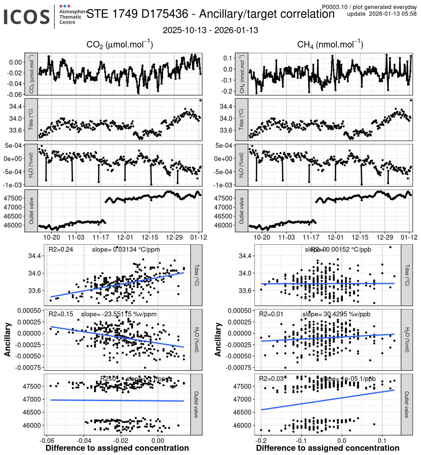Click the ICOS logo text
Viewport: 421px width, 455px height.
tap(27, 17)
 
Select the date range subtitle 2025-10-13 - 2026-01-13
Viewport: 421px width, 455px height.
tap(210, 30)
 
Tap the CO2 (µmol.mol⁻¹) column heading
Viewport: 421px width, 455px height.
tap(120, 45)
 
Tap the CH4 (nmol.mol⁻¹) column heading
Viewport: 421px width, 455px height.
tap(330, 45)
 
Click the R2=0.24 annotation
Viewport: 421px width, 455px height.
tap(61, 249)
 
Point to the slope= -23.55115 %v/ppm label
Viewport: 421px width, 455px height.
tap(119, 314)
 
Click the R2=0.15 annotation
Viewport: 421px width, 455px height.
tap(61, 314)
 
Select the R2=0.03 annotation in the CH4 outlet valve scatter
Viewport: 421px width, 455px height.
tap(271, 379)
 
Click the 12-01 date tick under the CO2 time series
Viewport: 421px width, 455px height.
tap(125, 237)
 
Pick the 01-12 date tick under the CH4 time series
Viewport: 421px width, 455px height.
tap(409, 237)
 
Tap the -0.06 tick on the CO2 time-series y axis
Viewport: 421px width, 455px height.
tap(15, 94)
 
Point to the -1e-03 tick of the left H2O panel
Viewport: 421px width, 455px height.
tap(12, 185)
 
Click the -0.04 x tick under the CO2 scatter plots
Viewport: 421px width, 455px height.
tap(84, 440)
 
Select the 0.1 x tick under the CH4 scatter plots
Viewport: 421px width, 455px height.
tap(382, 440)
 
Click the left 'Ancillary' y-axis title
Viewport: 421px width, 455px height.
tap(8, 340)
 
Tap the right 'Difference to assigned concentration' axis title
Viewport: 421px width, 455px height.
tap(328, 448)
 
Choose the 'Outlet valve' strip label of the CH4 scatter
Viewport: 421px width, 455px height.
tap(407, 404)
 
